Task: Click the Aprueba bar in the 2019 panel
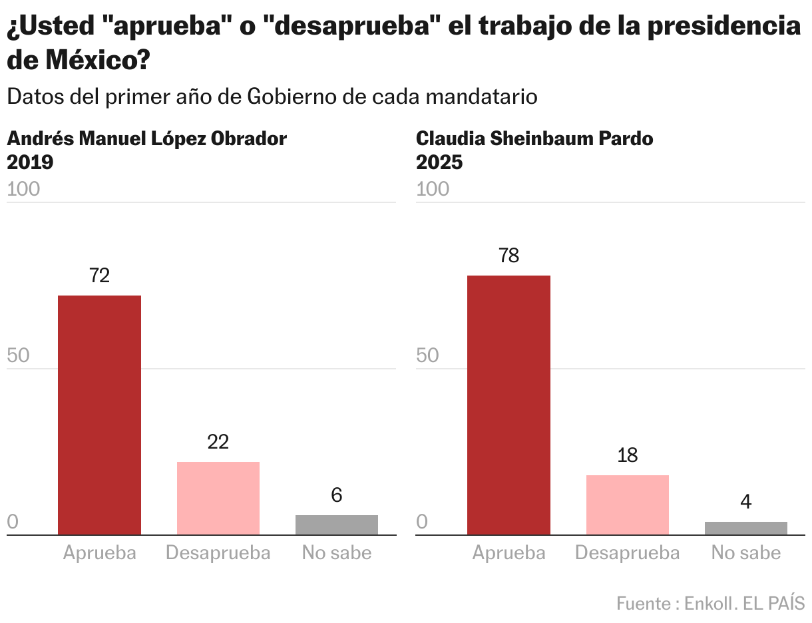pyautogui.click(x=99, y=415)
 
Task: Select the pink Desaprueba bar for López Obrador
pyautogui.click(x=218, y=498)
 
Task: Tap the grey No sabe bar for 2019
pyautogui.click(x=336, y=524)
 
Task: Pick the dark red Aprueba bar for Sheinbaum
pyautogui.click(x=508, y=405)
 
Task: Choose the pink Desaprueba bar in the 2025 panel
pyautogui.click(x=627, y=505)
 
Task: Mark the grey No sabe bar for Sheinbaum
pyautogui.click(x=745, y=528)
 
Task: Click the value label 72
pyautogui.click(x=99, y=276)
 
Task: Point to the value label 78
pyautogui.click(x=508, y=256)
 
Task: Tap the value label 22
pyautogui.click(x=218, y=442)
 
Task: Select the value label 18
pyautogui.click(x=627, y=455)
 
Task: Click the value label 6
pyautogui.click(x=336, y=495)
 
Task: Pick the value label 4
pyautogui.click(x=745, y=502)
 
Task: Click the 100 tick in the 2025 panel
pyautogui.click(x=433, y=189)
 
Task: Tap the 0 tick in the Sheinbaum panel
pyautogui.click(x=422, y=522)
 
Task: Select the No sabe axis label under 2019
pyautogui.click(x=336, y=552)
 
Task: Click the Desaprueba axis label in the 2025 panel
pyautogui.click(x=627, y=552)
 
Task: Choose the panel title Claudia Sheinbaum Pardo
pyautogui.click(x=534, y=138)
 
